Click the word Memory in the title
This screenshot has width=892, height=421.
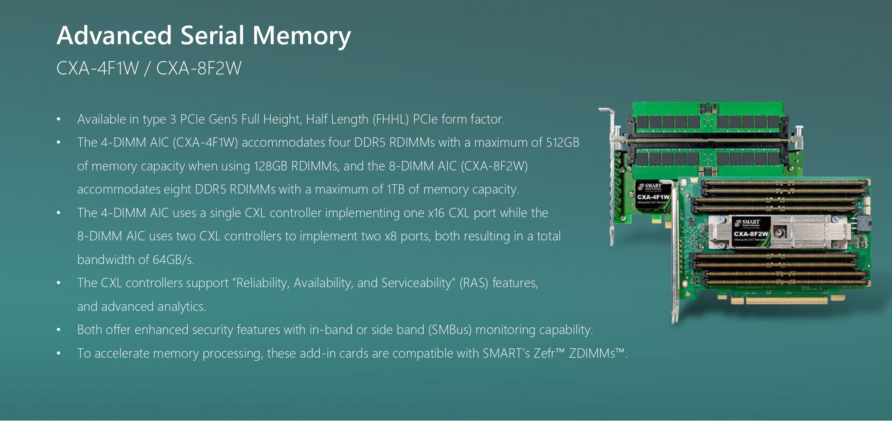point(301,36)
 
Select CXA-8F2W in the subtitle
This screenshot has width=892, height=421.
point(198,68)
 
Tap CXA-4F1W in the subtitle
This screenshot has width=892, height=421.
point(98,68)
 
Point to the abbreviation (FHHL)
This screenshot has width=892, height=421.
point(390,120)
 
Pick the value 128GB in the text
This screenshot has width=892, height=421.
point(270,166)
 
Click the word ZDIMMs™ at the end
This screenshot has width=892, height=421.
point(597,354)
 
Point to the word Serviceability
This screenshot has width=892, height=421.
point(416,283)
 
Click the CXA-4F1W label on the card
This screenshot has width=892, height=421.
point(653,197)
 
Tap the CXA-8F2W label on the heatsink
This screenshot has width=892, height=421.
point(751,234)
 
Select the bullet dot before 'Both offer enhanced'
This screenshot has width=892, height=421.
point(58,330)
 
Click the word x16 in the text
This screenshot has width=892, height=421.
point(436,213)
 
